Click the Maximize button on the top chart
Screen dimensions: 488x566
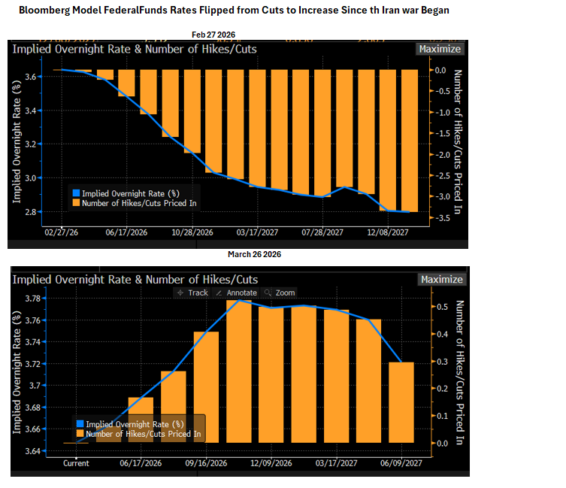point(440,49)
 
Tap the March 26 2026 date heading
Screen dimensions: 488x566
point(254,255)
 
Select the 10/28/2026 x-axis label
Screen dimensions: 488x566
point(193,232)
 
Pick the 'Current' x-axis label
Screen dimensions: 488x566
point(75,463)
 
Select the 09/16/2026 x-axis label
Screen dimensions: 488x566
point(206,463)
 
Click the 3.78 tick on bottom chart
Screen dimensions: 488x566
point(35,299)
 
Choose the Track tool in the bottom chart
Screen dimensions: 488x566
point(193,292)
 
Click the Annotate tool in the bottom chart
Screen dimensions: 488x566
point(236,292)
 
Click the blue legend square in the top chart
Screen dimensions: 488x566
point(75,193)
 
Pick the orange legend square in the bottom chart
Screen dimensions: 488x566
point(80,434)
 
